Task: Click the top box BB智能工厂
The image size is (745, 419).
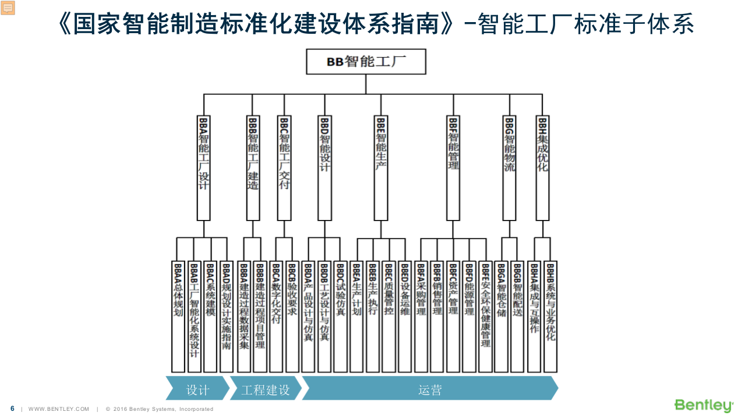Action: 366,62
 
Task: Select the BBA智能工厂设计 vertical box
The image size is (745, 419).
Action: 203,168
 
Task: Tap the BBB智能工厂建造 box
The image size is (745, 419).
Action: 253,168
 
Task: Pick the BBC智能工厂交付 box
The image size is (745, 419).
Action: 284,168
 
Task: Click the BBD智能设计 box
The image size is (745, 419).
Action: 325,168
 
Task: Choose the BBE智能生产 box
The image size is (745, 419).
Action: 381,168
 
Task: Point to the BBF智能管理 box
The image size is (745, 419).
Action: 453,168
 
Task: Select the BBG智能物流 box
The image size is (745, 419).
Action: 509,168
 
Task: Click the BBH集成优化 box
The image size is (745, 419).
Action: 542,168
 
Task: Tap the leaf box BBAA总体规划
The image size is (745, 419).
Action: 178,317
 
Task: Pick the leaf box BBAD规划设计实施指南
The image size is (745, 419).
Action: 227,317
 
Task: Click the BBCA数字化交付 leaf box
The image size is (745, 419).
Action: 276,317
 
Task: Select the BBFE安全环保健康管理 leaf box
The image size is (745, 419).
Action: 485,317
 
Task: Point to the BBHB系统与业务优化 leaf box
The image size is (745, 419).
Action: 550,317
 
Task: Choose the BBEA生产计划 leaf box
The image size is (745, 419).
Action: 356,317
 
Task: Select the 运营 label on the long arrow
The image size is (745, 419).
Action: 430,389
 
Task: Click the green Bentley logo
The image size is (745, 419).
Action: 704,405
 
